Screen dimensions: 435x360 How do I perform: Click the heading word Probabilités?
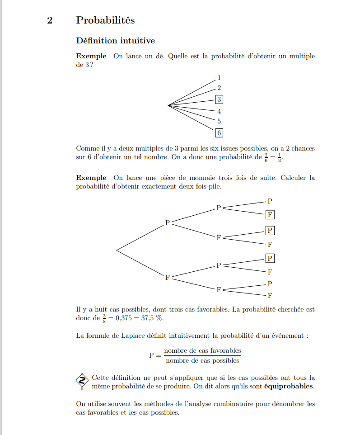click(105, 20)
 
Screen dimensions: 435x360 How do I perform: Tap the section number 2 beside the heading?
click(50, 20)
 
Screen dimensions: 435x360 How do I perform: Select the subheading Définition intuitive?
click(115, 41)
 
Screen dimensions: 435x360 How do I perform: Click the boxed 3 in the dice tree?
click(219, 99)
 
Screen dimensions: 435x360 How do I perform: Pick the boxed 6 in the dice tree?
click(219, 133)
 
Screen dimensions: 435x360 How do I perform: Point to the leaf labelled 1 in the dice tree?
click(219, 78)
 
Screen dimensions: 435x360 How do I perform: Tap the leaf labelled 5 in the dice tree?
click(219, 121)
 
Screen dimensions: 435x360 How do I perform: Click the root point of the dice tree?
click(168, 105)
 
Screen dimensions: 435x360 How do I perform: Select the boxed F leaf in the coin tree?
click(270, 214)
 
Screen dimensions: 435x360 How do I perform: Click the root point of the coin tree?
click(117, 250)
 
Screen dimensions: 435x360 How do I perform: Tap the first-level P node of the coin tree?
click(167, 222)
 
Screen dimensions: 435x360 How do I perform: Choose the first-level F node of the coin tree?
click(167, 278)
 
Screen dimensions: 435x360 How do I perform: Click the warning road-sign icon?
click(82, 381)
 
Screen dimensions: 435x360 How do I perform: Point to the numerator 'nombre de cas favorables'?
click(202, 350)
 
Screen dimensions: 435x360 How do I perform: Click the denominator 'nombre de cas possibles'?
click(202, 361)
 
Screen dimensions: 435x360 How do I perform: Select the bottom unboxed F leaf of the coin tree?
click(270, 296)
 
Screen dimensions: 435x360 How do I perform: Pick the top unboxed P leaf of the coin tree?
click(270, 200)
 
